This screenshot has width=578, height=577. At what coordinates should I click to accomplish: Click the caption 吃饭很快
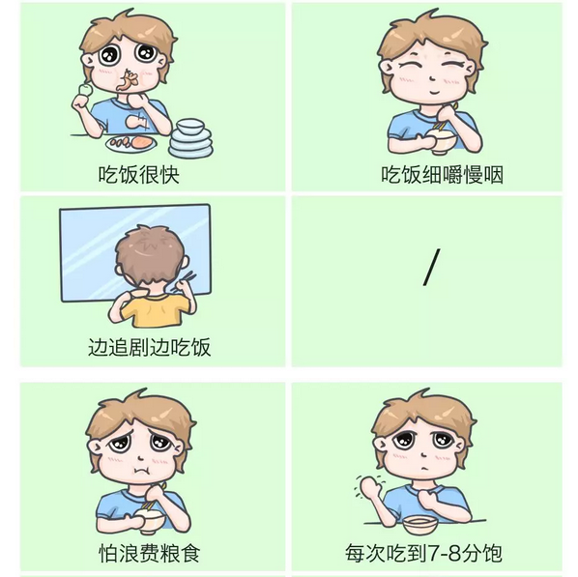click(x=138, y=175)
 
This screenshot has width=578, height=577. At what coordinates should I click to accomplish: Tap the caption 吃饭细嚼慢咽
click(x=442, y=175)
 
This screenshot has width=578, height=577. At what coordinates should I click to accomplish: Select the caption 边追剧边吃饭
click(x=149, y=347)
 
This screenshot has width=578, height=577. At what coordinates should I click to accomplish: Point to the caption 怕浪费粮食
click(x=149, y=553)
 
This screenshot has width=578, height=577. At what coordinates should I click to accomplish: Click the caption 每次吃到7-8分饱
click(x=423, y=553)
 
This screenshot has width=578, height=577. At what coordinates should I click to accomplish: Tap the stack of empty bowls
click(x=190, y=138)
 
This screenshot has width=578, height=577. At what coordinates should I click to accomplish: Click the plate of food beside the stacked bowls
click(x=131, y=143)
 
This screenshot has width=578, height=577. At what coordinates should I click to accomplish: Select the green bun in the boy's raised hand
click(x=85, y=90)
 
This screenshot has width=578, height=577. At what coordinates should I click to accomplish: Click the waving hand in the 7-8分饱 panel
click(x=370, y=487)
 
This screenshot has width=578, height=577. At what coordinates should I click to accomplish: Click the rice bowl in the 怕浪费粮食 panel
click(x=149, y=520)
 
